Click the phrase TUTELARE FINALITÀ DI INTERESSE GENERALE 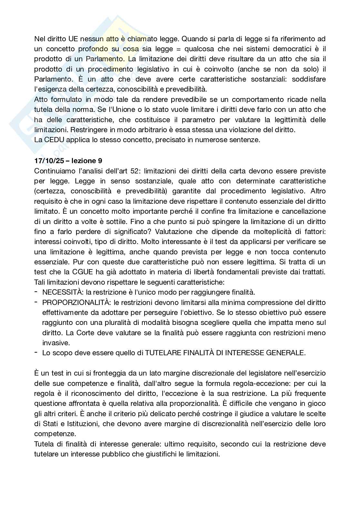tap(225, 353)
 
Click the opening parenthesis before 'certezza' tap(35, 191)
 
